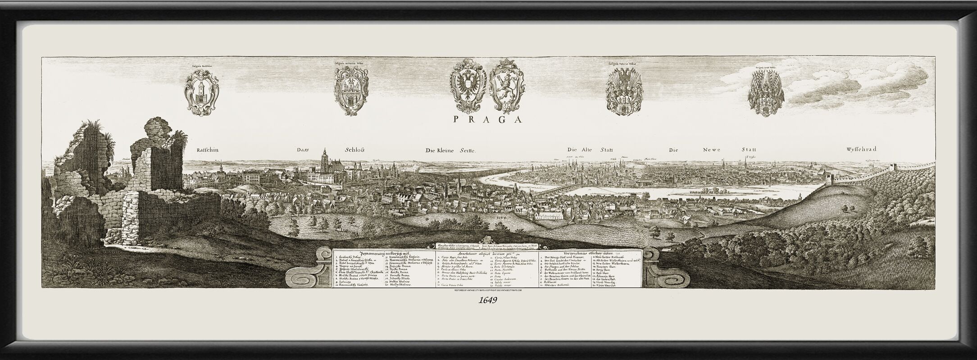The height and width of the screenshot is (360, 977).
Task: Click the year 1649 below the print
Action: pyautogui.click(x=488, y=301)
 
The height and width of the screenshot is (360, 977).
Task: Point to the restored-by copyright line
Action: pyautogui.click(x=488, y=291)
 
